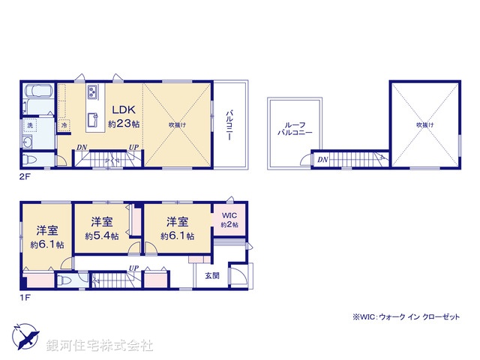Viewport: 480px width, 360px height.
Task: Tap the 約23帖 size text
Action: (x=123, y=123)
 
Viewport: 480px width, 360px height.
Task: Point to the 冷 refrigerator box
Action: (x=64, y=124)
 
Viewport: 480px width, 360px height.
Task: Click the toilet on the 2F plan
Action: (x=31, y=160)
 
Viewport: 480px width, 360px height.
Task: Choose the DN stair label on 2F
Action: (x=80, y=147)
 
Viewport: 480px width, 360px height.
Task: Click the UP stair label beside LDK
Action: (x=133, y=147)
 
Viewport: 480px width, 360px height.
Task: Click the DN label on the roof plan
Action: (x=322, y=159)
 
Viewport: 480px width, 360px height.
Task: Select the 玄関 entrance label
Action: (x=212, y=275)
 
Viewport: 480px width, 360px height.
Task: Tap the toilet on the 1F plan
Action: (x=63, y=280)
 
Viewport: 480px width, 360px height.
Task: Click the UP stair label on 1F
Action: (x=133, y=268)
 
